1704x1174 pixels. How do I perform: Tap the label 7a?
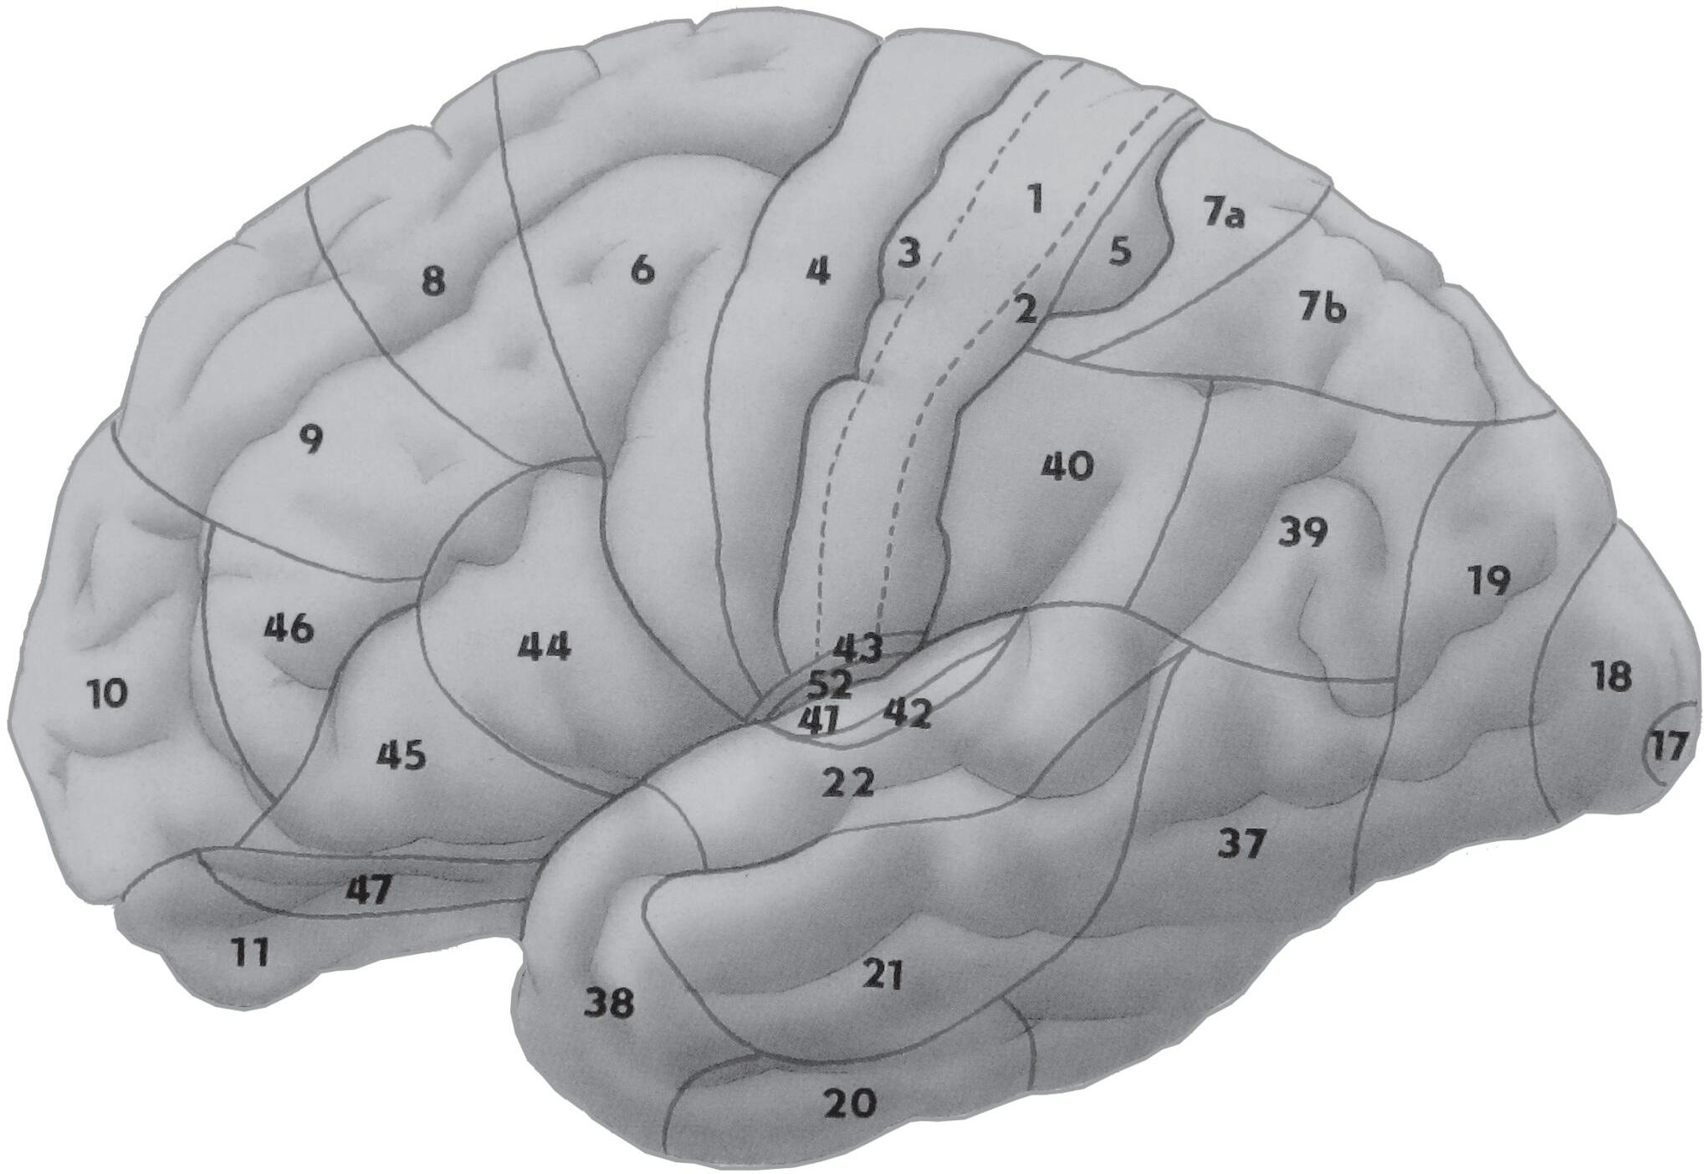click(x=1225, y=216)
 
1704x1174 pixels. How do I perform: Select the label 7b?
click(x=1323, y=309)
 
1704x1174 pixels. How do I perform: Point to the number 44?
click(x=545, y=647)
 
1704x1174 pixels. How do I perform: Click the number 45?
click(x=402, y=754)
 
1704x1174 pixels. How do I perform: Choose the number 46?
click(x=289, y=628)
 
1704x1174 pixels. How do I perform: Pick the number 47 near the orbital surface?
click(x=368, y=891)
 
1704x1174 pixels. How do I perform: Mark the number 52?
click(x=830, y=686)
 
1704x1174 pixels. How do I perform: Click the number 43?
click(x=857, y=648)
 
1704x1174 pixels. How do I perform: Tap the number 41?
click(x=817, y=720)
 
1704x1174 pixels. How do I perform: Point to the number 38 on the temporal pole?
click(x=609, y=1002)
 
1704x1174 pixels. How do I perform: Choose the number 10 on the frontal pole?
click(x=107, y=693)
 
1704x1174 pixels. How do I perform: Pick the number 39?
click(x=1303, y=531)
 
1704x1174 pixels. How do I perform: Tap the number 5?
click(x=1121, y=251)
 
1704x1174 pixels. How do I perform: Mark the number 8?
click(x=432, y=282)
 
